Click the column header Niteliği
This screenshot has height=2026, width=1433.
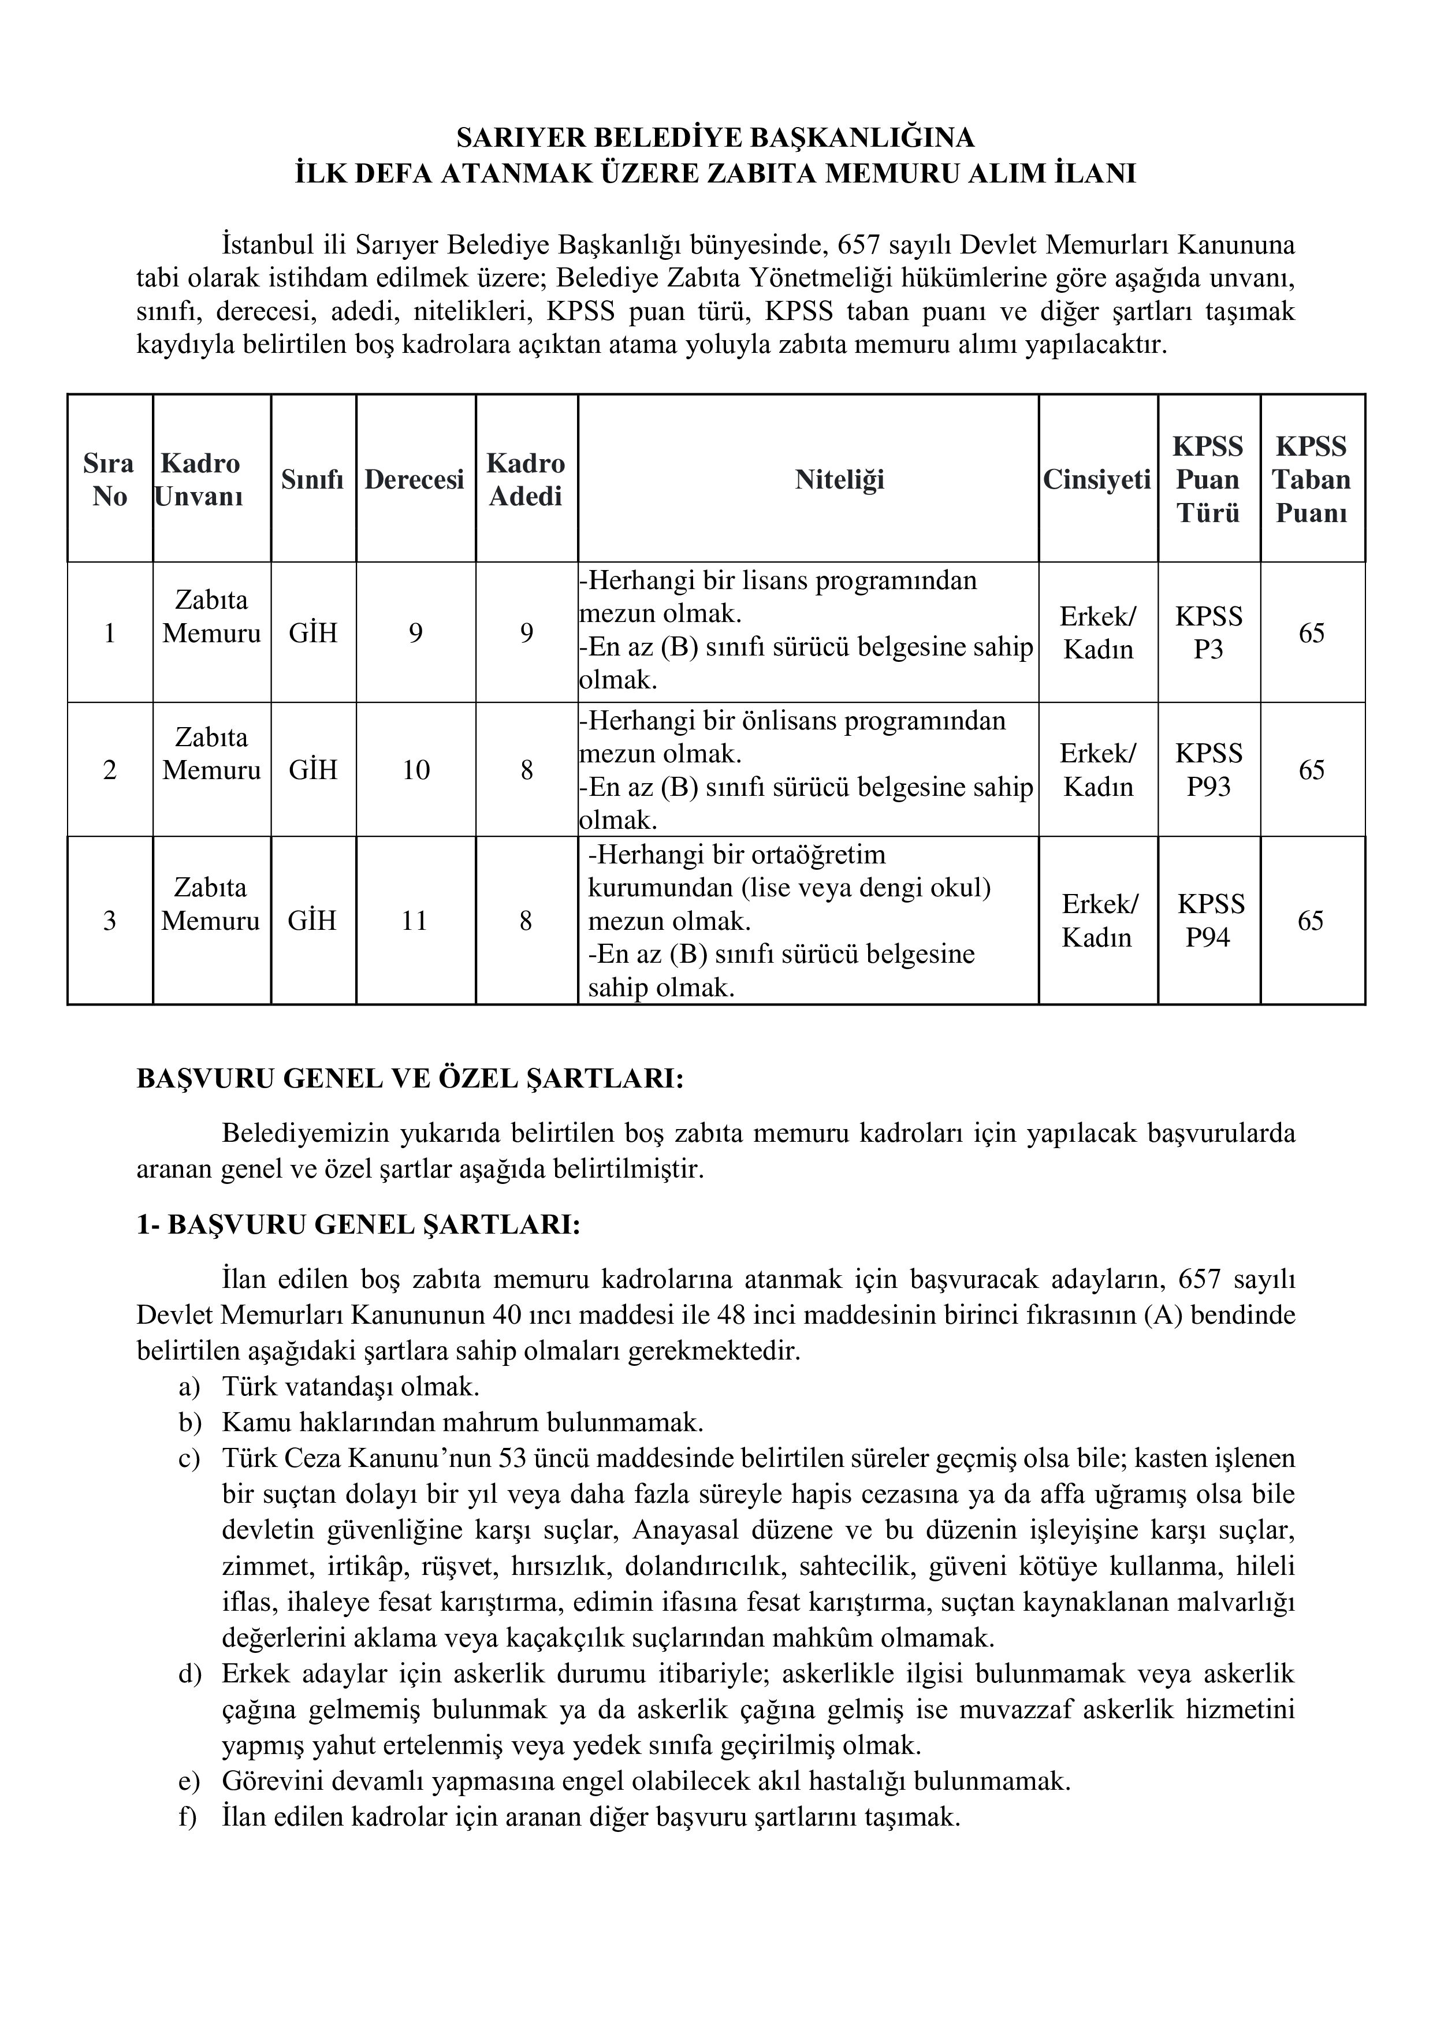839,479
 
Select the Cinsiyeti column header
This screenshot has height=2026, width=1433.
1097,479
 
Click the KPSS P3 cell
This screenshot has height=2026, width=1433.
1208,632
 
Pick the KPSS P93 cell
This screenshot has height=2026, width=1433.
1208,769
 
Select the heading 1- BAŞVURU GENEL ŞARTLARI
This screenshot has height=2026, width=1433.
358,1226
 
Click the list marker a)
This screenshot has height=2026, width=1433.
189,1387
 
